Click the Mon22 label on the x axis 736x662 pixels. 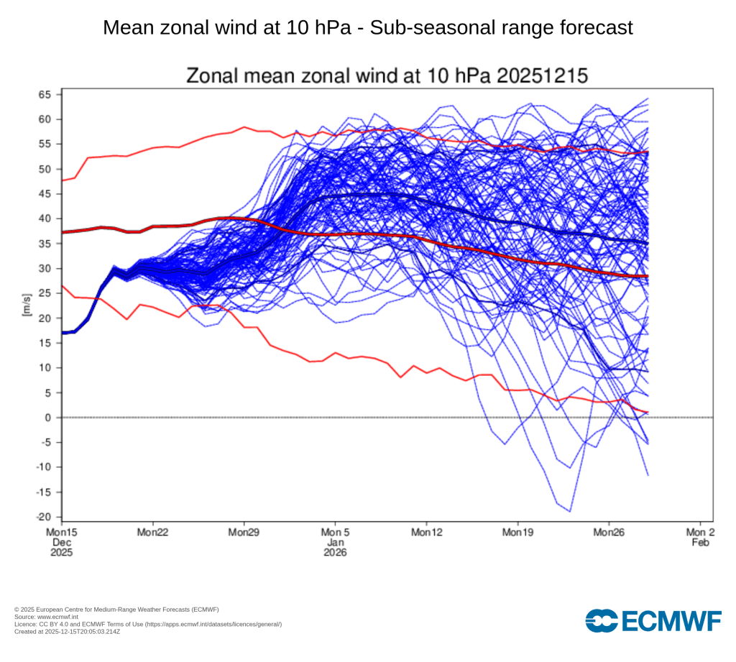click(152, 533)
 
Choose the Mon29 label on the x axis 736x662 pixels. click(244, 533)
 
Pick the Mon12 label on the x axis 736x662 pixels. click(426, 533)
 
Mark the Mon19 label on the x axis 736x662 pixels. click(517, 533)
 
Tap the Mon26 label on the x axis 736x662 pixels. click(609, 533)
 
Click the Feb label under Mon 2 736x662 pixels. click(701, 543)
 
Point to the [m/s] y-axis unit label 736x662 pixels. click(27, 305)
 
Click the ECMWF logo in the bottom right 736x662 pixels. click(653, 620)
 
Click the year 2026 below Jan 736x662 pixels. click(335, 553)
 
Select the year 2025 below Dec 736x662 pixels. click(61, 553)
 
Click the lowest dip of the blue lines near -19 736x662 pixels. click(570, 511)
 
